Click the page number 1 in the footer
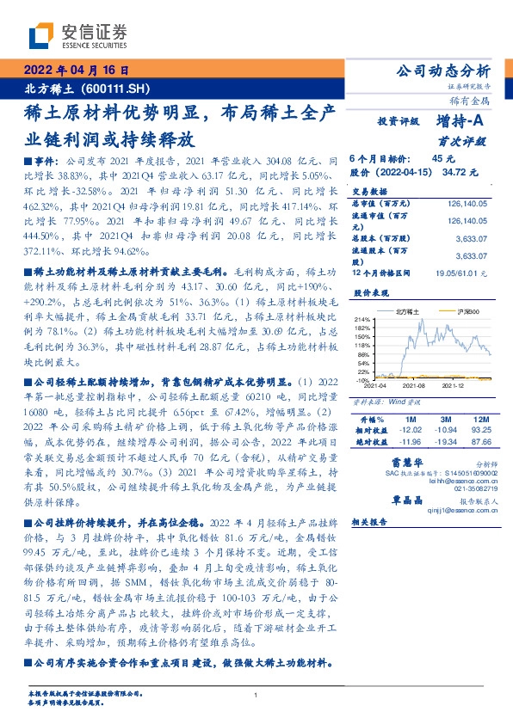pos(256,695)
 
